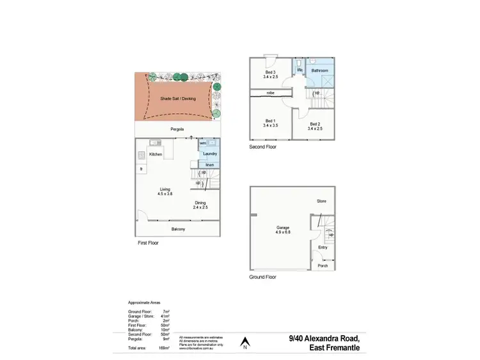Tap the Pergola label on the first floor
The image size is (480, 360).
(x=178, y=130)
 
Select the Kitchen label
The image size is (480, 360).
(x=156, y=155)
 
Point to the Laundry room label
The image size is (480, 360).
(x=209, y=154)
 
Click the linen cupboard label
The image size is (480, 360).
(x=209, y=165)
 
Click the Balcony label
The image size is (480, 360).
(x=178, y=229)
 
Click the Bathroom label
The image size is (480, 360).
(x=320, y=70)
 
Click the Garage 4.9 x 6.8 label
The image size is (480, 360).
(x=283, y=230)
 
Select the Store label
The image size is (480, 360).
(x=322, y=201)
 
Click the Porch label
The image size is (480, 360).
(x=323, y=265)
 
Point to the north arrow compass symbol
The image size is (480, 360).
(x=244, y=343)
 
